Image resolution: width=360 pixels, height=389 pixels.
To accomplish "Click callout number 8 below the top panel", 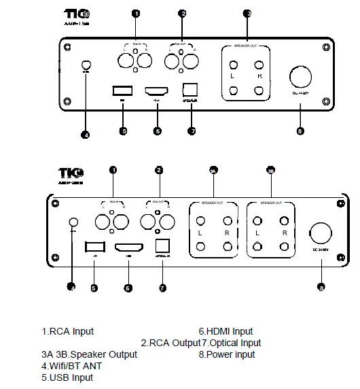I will tap(300, 131).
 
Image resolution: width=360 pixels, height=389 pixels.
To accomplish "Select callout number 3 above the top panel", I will tap(249, 13).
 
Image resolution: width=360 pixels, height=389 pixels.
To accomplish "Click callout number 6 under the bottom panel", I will tap(128, 288).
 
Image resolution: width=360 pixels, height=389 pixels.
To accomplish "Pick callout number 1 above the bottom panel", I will tap(114, 170).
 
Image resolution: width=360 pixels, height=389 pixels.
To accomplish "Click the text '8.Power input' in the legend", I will tap(226, 354).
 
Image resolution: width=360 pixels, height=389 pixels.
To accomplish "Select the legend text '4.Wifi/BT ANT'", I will tap(72, 366).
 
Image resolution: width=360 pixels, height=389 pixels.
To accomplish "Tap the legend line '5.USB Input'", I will tap(67, 377).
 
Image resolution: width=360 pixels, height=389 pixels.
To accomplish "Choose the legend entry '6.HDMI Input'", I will tap(226, 331).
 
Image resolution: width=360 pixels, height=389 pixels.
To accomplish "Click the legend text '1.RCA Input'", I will tap(67, 331).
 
